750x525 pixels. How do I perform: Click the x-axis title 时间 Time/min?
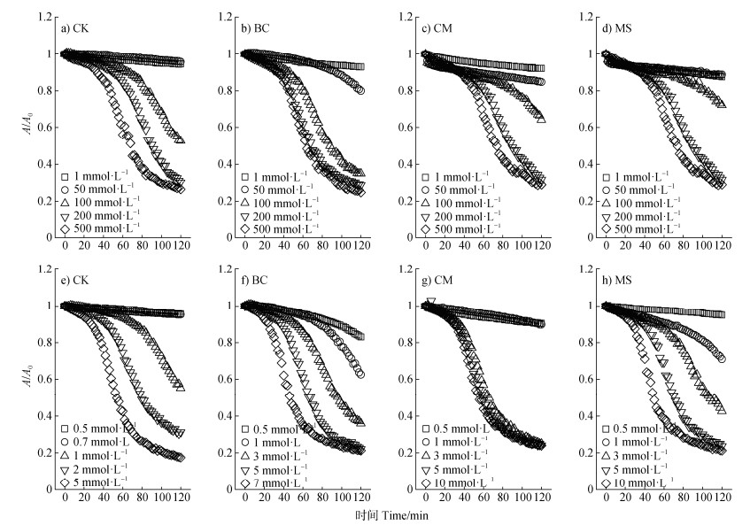point(390,514)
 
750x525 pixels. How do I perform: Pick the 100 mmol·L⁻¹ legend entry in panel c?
point(466,204)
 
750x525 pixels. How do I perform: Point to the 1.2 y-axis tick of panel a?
point(46,17)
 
